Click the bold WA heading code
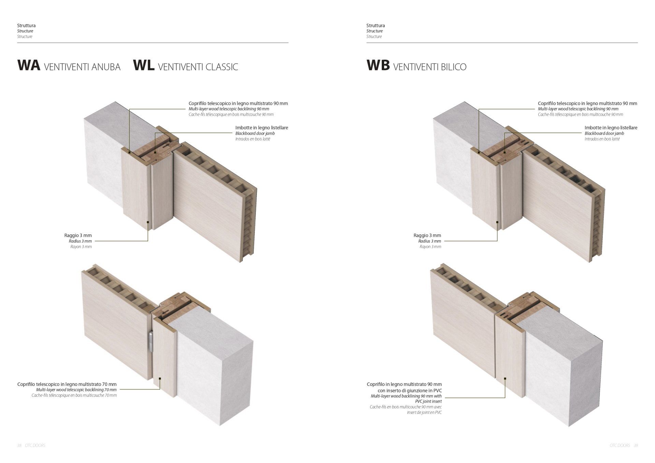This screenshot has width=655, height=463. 29,65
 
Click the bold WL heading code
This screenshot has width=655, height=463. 144,65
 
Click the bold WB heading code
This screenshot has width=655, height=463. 378,65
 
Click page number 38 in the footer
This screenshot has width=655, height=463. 19,446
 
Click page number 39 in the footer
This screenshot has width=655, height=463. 636,446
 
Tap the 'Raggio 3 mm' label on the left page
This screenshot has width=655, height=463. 78,235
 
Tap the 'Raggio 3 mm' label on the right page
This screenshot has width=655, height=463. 427,235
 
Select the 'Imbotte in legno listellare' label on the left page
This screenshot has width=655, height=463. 262,128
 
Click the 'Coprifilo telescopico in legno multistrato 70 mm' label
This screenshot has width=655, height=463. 67,384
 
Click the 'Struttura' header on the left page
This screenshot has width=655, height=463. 26,25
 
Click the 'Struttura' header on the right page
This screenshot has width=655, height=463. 376,25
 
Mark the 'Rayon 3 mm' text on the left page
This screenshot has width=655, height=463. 81,247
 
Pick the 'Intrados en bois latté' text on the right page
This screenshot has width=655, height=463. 602,139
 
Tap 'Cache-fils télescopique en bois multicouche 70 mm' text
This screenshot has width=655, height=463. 74,395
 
